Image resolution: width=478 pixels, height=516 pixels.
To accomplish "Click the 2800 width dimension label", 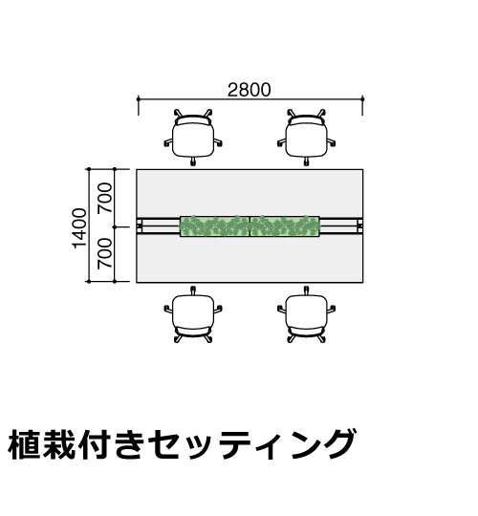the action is click(250, 90).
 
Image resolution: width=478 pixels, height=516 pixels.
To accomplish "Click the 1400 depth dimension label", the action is click(79, 228).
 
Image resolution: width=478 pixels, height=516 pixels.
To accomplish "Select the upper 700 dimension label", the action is click(105, 198).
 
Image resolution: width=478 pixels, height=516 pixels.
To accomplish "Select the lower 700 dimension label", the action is click(105, 252).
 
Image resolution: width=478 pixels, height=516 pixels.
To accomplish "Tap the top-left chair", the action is click(193, 137).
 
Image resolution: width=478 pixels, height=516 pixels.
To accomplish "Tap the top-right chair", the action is click(306, 137).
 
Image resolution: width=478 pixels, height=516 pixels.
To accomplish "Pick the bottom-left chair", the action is click(193, 315).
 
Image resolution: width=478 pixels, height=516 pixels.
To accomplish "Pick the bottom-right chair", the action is click(306, 315).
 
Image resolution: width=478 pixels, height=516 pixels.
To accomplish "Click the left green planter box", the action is click(215, 226).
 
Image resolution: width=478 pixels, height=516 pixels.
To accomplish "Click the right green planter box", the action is click(285, 226).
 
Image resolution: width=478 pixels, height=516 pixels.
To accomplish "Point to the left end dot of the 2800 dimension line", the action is click(139, 98).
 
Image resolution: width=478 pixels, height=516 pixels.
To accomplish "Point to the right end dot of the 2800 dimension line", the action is click(362, 98).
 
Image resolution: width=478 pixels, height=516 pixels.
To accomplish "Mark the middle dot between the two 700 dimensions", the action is click(115, 227).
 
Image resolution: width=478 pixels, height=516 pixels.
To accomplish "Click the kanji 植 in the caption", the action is click(24, 444).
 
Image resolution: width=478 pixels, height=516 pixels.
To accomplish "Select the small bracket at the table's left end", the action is click(140, 226).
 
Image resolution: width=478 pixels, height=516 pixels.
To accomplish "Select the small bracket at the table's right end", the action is click(359, 226).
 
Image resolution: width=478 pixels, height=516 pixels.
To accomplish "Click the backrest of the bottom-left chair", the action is click(193, 332).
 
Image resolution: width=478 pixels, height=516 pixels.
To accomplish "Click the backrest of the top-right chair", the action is click(306, 119).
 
